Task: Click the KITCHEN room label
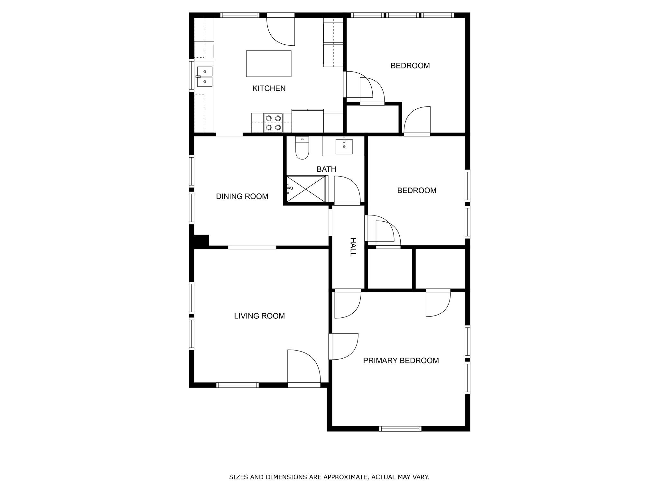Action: (269, 88)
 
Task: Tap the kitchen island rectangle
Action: (269, 63)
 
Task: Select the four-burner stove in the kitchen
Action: (273, 123)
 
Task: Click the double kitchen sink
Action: (205, 77)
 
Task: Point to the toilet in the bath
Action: (302, 148)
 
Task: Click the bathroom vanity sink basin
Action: (344, 147)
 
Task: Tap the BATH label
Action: (326, 169)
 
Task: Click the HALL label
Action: (353, 247)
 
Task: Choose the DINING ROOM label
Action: (242, 197)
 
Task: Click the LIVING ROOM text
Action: (259, 316)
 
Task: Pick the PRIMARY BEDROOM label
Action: (401, 361)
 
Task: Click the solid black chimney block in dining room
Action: (201, 241)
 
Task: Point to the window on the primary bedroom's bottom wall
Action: (400, 428)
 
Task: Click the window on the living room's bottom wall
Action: (237, 385)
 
